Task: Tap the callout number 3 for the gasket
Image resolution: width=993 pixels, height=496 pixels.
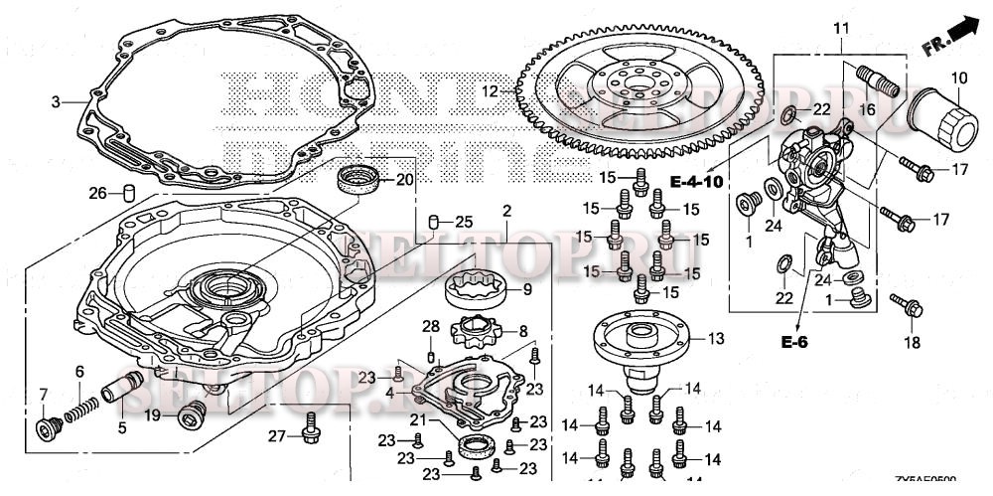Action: [x=57, y=100]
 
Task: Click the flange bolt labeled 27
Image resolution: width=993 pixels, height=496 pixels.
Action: [x=309, y=426]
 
